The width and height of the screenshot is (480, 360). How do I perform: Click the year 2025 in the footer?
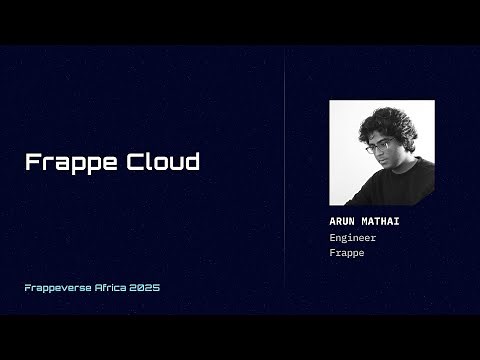pos(147,287)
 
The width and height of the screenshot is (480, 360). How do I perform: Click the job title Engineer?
pos(352,238)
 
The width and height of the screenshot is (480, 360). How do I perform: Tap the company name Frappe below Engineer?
pos(347,253)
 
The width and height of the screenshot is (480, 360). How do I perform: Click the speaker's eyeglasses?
pos(378,148)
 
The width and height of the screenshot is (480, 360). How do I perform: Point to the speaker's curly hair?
pos(395,124)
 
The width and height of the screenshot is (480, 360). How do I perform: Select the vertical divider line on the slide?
pos(286,180)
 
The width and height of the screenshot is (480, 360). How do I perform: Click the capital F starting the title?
pos(32,162)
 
